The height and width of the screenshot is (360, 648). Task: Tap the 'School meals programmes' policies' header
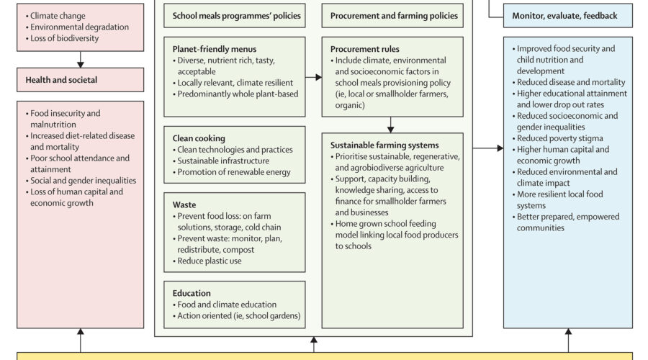pos(233,16)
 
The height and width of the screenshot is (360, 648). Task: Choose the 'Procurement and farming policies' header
pos(394,16)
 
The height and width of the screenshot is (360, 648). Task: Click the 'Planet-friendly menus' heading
pos(215,49)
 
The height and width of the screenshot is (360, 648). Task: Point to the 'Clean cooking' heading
pos(199,138)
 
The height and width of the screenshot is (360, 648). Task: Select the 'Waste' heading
pos(184,204)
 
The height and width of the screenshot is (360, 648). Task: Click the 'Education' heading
pos(192,293)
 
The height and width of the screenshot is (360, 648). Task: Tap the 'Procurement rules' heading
pos(365,49)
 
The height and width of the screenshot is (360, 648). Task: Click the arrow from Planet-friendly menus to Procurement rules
pos(313,76)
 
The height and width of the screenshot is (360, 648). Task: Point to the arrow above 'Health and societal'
pos(81,59)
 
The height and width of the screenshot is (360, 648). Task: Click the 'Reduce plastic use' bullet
pos(210,261)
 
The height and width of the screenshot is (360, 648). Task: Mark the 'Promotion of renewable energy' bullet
pos(234,172)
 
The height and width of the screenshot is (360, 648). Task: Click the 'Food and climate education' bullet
pos(227,305)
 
